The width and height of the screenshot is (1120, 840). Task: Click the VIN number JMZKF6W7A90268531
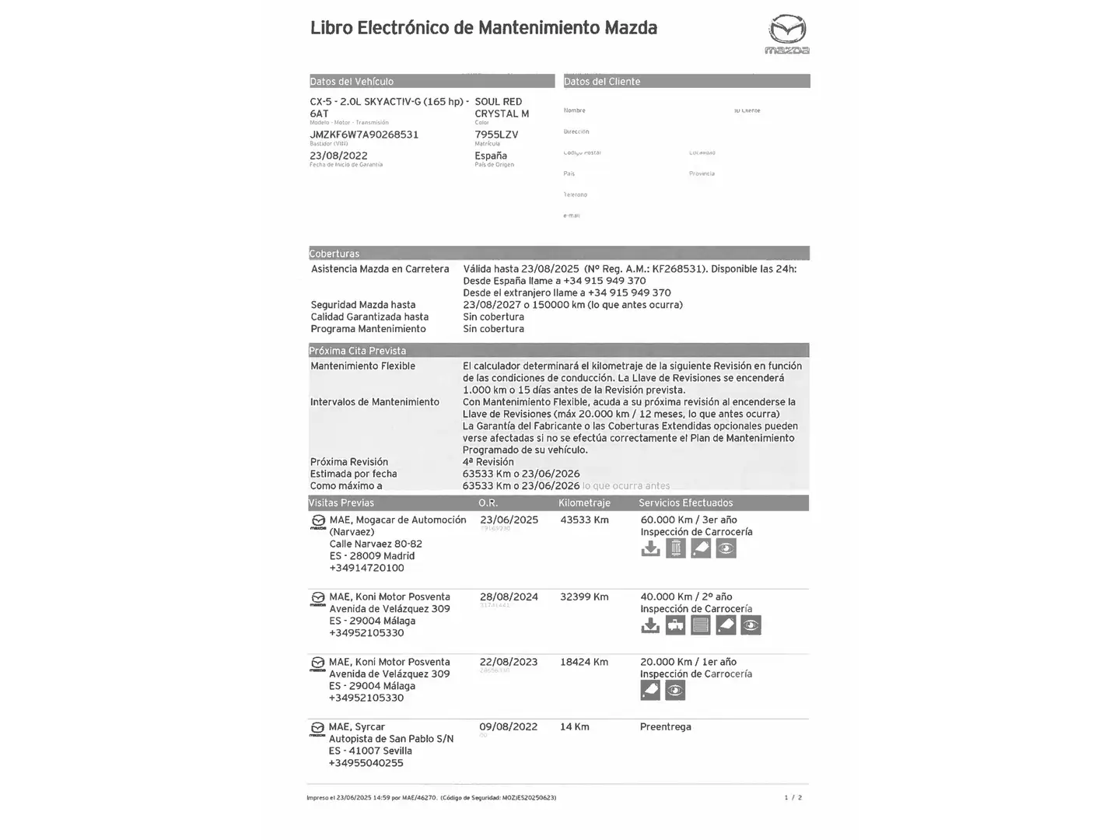pyautogui.click(x=364, y=135)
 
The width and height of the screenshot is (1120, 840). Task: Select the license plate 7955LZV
pyautogui.click(x=496, y=135)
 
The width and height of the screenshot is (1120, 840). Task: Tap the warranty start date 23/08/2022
pyautogui.click(x=338, y=156)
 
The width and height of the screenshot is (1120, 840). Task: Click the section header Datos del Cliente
pyautogui.click(x=602, y=82)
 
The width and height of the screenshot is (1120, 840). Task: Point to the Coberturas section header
pyautogui.click(x=334, y=254)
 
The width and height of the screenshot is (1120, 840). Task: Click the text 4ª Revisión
pyautogui.click(x=488, y=462)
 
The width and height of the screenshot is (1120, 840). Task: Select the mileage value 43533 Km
pyautogui.click(x=584, y=520)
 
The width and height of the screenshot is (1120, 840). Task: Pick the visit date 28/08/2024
pyautogui.click(x=509, y=597)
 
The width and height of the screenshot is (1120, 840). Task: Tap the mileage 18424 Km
pyautogui.click(x=584, y=663)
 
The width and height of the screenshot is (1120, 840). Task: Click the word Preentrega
pyautogui.click(x=665, y=727)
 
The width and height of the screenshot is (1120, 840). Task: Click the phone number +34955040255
pyautogui.click(x=366, y=763)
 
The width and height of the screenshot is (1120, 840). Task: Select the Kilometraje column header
pyautogui.click(x=584, y=503)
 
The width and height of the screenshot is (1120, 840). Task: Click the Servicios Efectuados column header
pyautogui.click(x=685, y=503)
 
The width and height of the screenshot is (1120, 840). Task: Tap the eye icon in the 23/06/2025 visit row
pyautogui.click(x=726, y=549)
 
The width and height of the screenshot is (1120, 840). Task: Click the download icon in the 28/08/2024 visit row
pyautogui.click(x=650, y=625)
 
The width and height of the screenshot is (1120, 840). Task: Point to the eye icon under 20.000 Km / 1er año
pyautogui.click(x=675, y=691)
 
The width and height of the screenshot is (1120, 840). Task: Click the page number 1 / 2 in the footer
pyautogui.click(x=793, y=798)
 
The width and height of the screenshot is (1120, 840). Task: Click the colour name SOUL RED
pyautogui.click(x=498, y=102)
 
